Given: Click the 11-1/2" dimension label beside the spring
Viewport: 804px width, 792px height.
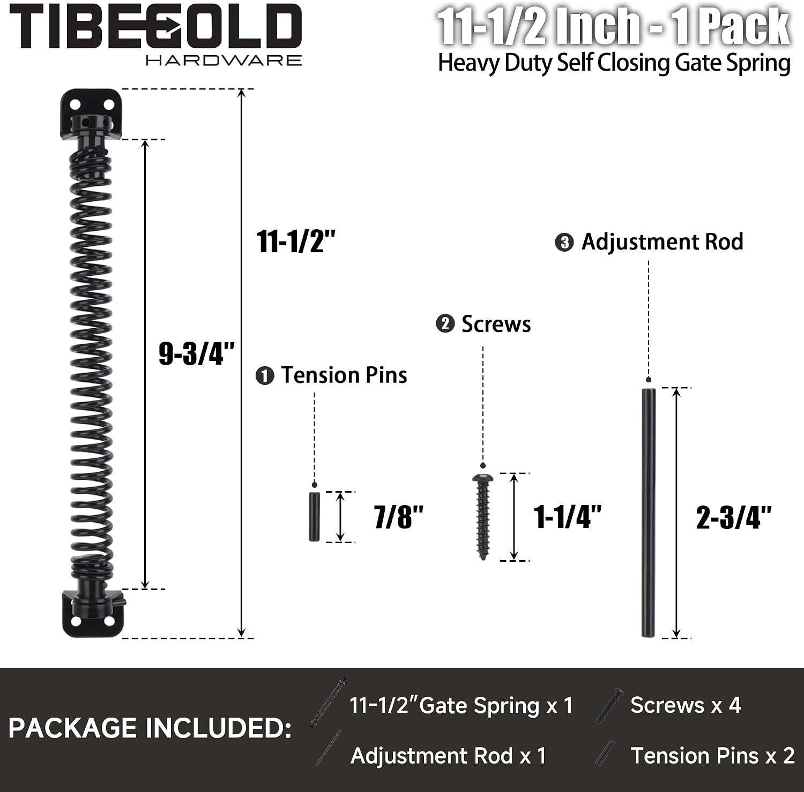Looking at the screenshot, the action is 296,241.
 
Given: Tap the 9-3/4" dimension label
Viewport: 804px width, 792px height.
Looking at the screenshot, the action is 197,353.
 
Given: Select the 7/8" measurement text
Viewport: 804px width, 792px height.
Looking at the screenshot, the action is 399,517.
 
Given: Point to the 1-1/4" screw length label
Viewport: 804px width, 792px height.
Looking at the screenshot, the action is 568,517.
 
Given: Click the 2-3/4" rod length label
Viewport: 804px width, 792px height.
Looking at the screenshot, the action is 734,518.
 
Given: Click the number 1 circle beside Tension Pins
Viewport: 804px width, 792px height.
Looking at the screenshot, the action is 265,376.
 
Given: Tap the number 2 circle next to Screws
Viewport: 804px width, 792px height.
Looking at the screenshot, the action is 445,324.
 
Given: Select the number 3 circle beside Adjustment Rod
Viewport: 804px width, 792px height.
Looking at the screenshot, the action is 564,242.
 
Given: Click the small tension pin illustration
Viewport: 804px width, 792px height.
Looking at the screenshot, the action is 314,517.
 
